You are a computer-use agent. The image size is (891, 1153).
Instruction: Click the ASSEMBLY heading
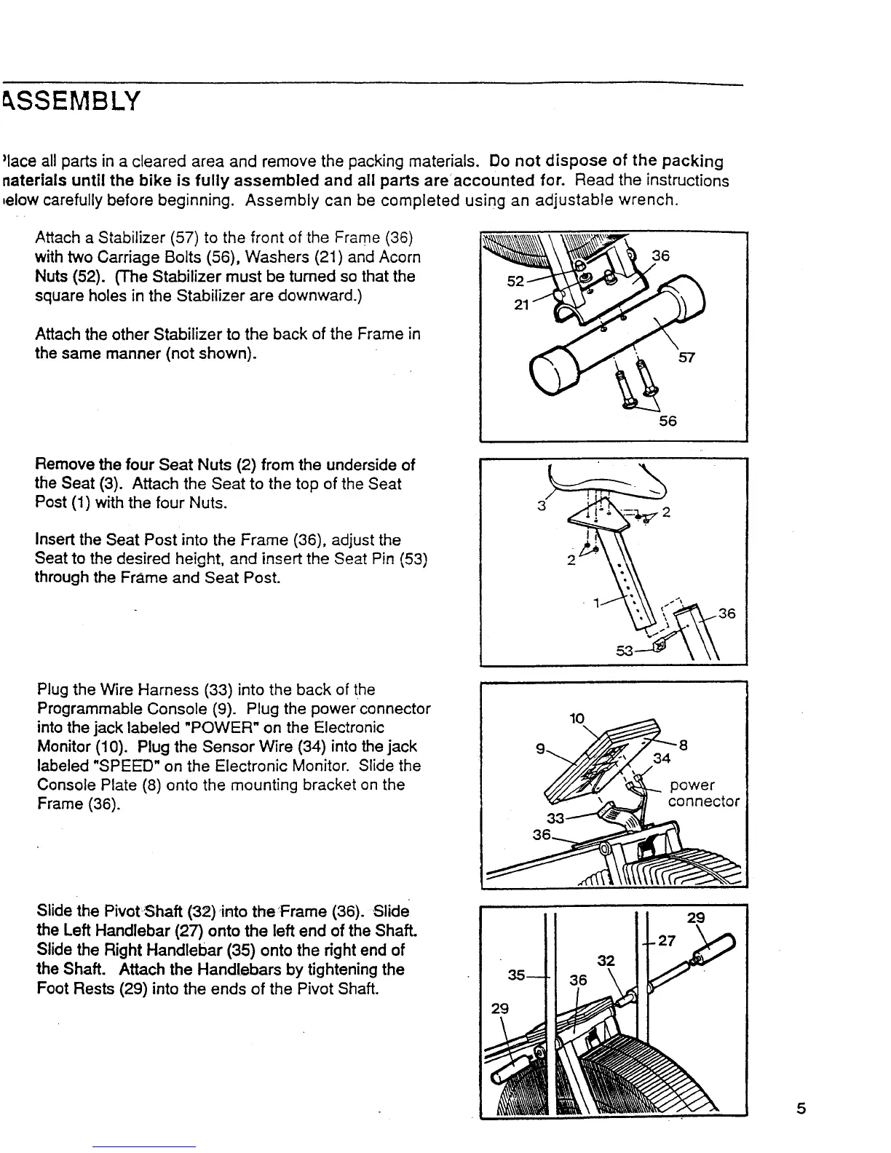coord(71,101)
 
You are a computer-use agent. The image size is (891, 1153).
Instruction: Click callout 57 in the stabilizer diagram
coord(687,357)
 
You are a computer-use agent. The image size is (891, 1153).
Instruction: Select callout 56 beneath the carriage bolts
coord(668,421)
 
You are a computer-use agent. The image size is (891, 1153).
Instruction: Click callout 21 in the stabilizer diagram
coord(520,305)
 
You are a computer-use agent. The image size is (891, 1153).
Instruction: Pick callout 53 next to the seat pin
coord(625,650)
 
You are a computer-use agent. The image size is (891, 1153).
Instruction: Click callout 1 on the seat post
coord(596,603)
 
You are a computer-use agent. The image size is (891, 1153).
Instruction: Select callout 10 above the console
coord(577,718)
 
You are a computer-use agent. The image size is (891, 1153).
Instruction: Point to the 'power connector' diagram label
coord(703,793)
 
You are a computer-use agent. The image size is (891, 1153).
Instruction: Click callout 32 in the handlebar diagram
coord(606,961)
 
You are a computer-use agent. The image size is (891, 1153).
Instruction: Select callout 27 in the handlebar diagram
coord(666,940)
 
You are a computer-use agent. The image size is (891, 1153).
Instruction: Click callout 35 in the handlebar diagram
coord(517,974)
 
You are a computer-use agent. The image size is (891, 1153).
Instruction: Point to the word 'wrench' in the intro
coord(649,199)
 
